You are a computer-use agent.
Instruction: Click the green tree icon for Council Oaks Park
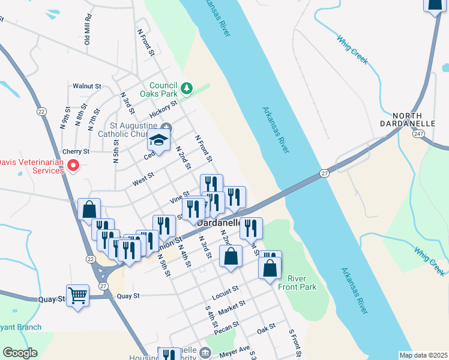[x=187, y=89]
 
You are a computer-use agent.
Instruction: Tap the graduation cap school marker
[x=159, y=140]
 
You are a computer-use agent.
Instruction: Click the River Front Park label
[x=301, y=283]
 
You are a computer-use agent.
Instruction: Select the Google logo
[x=20, y=353]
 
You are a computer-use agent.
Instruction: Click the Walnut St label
[x=86, y=86]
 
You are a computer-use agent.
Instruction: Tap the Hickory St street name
[x=164, y=109]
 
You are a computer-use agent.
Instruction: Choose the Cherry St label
[x=76, y=152]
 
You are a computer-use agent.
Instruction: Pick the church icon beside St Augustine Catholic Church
[x=166, y=127]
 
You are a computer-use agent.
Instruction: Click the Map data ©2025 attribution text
[x=423, y=355]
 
